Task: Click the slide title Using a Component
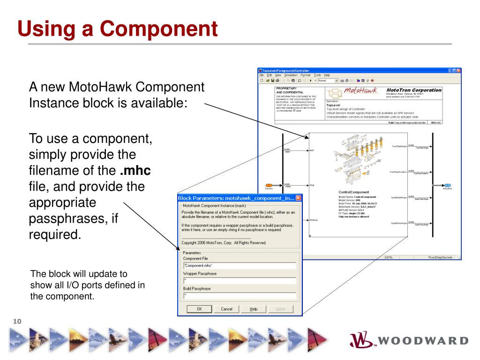(x=118, y=29)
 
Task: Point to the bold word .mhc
(x=135, y=170)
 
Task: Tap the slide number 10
(x=17, y=321)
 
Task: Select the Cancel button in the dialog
(x=226, y=309)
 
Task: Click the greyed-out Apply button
(x=281, y=309)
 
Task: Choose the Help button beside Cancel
(x=254, y=309)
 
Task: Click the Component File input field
(x=239, y=265)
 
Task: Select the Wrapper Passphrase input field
(x=239, y=281)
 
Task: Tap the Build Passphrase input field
(x=239, y=296)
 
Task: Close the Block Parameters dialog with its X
(x=299, y=198)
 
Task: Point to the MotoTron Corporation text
(x=414, y=90)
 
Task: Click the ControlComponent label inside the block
(x=353, y=192)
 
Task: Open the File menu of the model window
(x=262, y=75)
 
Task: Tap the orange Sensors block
(x=269, y=185)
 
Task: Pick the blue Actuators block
(x=448, y=185)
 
